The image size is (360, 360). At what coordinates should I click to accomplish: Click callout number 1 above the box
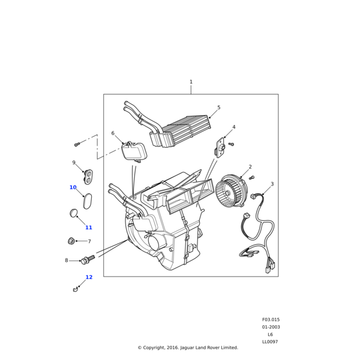coord(191,82)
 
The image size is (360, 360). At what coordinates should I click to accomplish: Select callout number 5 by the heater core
coord(218,108)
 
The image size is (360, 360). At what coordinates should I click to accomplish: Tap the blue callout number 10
coord(73,187)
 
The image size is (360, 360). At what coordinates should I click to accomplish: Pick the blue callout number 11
coord(89,227)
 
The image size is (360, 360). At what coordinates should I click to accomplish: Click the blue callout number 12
coord(89,277)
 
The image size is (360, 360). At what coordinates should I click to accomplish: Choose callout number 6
coord(113,133)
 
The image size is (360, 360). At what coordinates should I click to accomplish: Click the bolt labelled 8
coord(88,260)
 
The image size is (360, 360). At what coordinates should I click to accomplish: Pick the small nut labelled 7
coord(71,241)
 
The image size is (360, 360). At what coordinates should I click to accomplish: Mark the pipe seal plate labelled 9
coord(88,176)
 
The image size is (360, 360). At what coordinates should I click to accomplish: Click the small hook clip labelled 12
coord(76,289)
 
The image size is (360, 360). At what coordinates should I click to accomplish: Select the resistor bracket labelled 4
coord(220,146)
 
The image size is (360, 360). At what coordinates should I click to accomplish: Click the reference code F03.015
coord(271,320)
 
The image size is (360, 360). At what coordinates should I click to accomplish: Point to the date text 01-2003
coord(271,327)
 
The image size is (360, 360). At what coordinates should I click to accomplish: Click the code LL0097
coord(270,342)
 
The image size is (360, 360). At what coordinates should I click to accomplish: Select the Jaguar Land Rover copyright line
coord(188,347)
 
